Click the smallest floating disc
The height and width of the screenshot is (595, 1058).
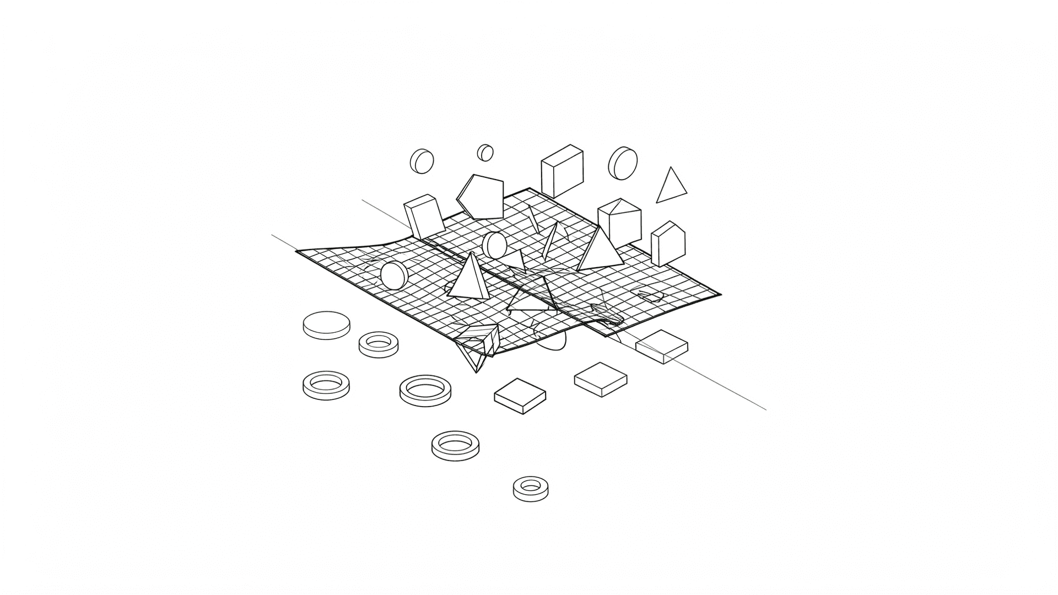click(485, 153)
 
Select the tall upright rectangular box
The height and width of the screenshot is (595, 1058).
click(562, 171)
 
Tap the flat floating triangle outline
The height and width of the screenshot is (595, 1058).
click(671, 187)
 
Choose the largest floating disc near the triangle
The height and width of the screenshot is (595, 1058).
click(623, 163)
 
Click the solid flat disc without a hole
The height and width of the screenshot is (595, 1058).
click(326, 325)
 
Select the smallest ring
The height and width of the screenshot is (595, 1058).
click(531, 489)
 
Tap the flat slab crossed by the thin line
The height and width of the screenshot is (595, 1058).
click(661, 346)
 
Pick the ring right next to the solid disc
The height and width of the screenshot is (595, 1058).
click(378, 344)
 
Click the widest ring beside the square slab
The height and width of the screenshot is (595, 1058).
click(425, 390)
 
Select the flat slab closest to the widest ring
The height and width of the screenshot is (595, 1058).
click(520, 396)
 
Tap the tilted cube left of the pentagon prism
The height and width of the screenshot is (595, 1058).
click(424, 217)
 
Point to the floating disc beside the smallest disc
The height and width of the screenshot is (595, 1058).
click(422, 161)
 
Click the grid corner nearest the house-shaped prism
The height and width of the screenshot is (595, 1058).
click(719, 295)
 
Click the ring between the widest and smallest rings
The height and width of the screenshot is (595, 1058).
click(455, 445)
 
